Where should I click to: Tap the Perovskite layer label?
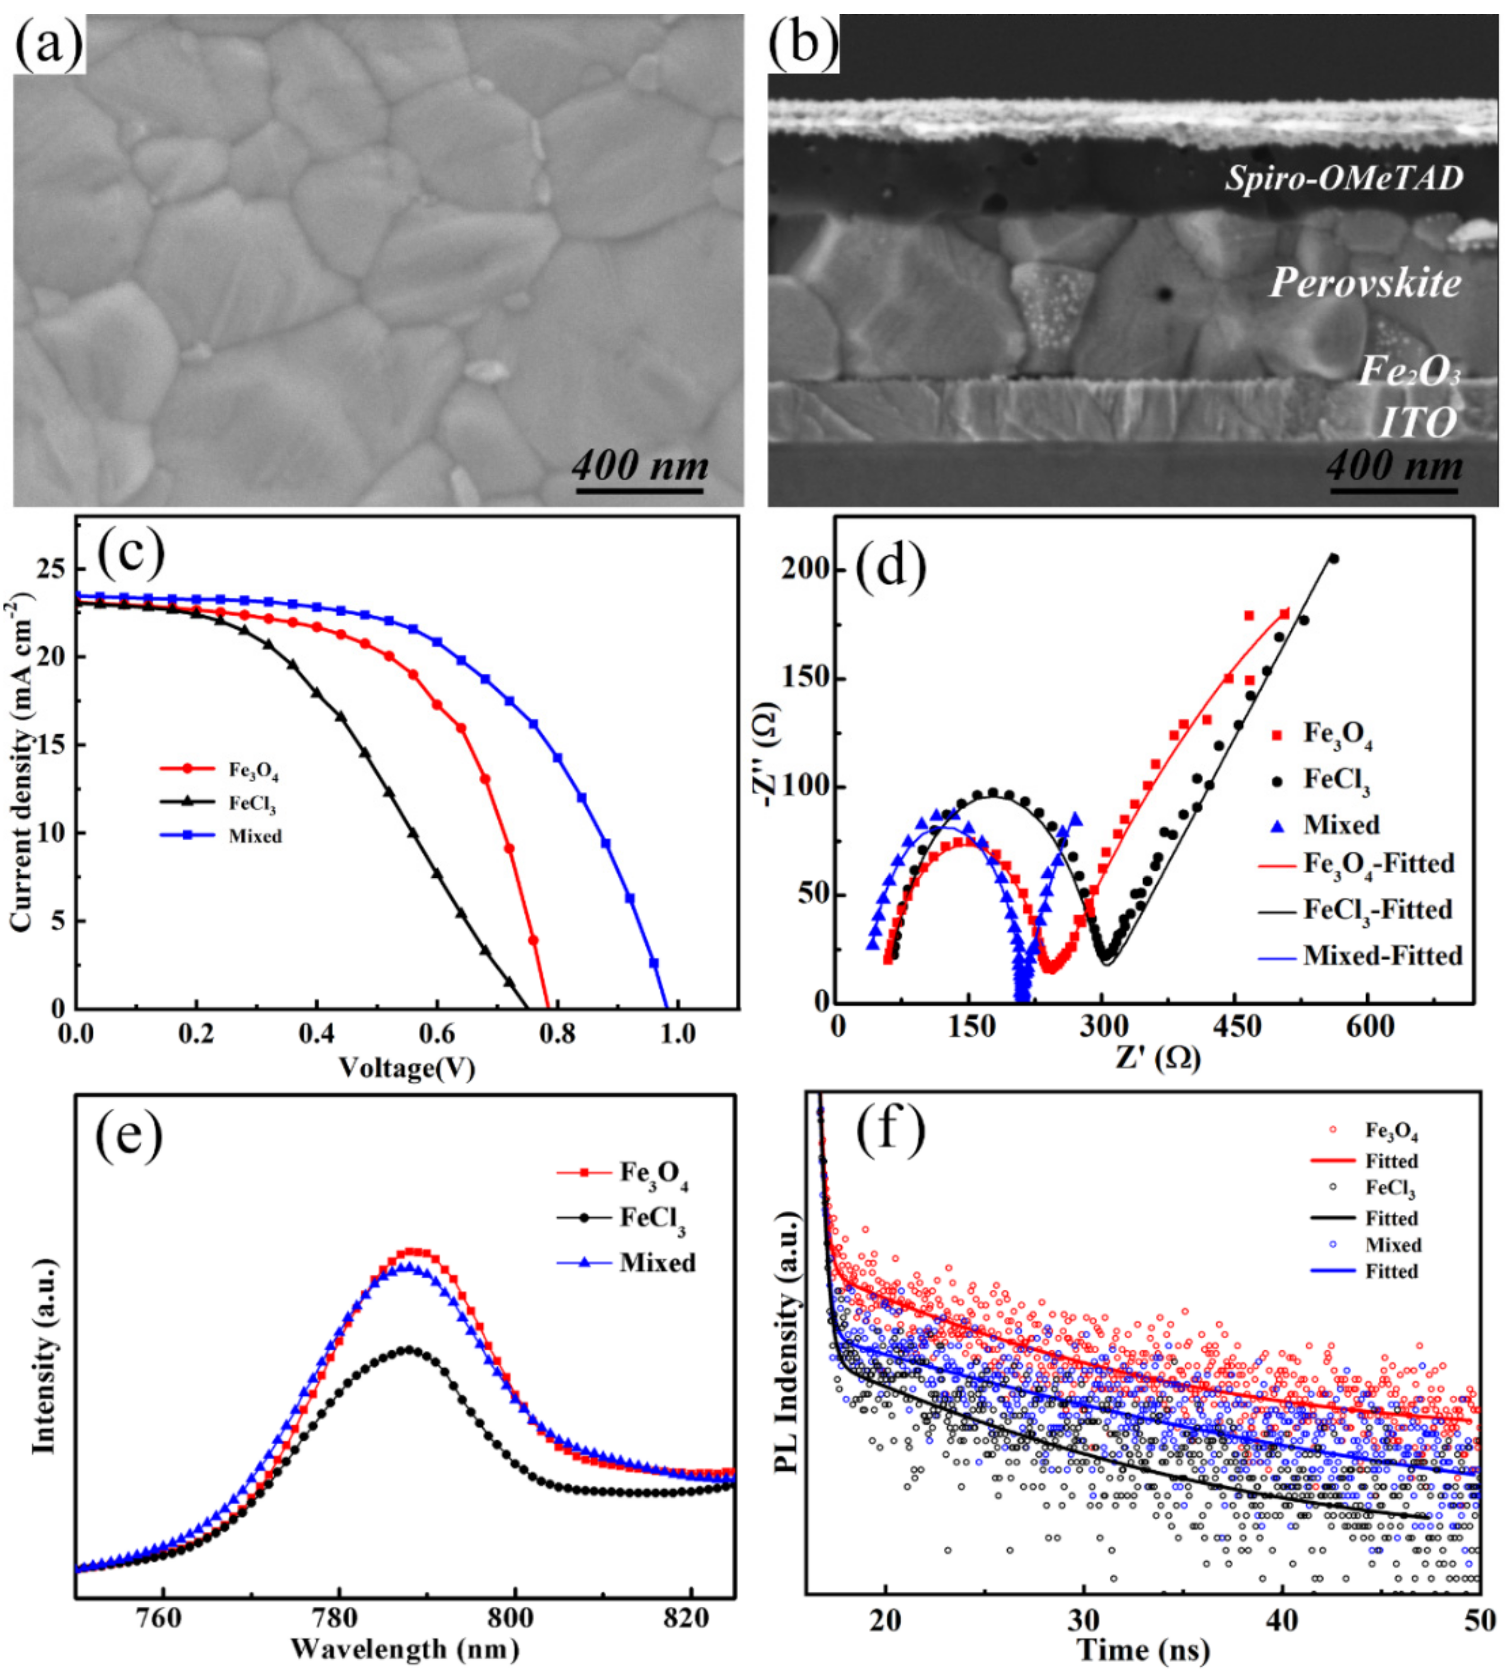pos(1365,283)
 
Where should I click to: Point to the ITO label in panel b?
pos(1418,423)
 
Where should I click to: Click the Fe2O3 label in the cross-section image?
pos(1409,371)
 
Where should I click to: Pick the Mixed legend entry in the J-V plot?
pos(254,836)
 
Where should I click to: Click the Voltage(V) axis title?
pos(407,1067)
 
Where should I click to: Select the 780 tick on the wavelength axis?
pos(338,1618)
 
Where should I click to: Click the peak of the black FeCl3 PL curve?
pos(407,1349)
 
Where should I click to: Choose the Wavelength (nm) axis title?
pos(405,1649)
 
